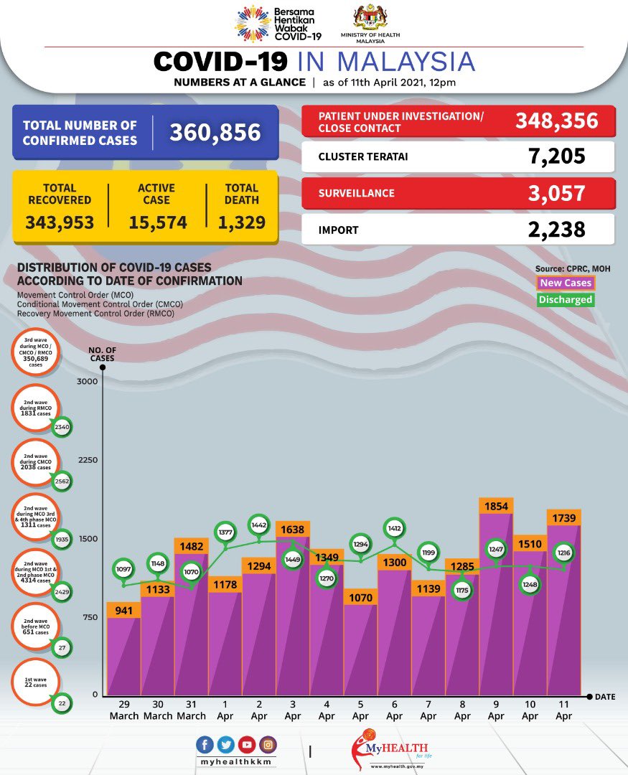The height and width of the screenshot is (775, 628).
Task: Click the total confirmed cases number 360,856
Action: tap(215, 132)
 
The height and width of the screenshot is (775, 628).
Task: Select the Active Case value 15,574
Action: tap(158, 222)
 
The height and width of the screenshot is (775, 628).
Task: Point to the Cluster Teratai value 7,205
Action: tap(553, 156)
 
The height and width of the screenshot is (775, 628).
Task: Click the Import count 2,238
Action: tap(553, 230)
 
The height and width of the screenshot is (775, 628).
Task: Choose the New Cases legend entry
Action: tap(566, 283)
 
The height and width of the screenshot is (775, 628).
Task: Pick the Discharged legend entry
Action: tap(566, 300)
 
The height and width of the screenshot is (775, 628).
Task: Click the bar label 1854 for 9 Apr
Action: tap(497, 504)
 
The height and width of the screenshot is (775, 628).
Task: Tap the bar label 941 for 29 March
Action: tap(123, 610)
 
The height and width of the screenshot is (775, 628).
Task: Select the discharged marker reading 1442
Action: tap(260, 525)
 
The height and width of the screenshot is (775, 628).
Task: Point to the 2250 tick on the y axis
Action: tap(87, 460)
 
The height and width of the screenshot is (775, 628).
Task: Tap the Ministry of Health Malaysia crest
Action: tap(370, 18)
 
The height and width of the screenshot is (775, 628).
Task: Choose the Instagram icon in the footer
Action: tap(268, 745)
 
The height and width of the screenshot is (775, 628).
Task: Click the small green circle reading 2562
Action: tap(62, 482)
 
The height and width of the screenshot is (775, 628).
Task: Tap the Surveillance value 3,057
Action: tap(553, 192)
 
